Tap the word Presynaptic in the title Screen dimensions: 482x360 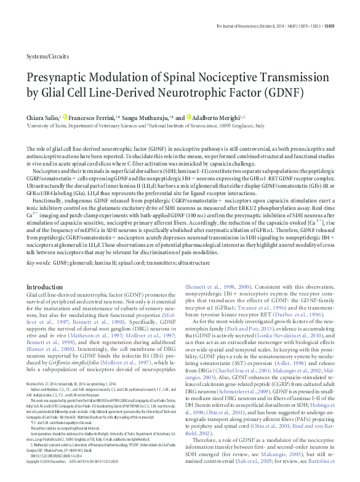coord(66,79)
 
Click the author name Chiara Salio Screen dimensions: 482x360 coord(42,116)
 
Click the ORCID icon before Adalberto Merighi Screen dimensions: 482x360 coord(181,116)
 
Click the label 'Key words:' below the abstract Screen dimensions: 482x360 coord(39,263)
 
